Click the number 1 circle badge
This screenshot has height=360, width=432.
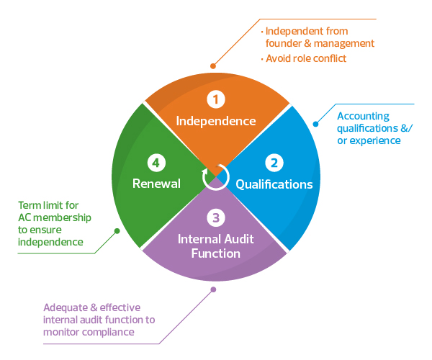point(216,98)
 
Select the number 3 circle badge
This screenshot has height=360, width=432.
point(215,217)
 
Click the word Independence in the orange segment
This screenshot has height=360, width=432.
point(216,121)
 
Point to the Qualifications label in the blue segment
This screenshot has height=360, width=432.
point(274,184)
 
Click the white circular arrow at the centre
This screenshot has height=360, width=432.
point(215,176)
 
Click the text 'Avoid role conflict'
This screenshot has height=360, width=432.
point(306,58)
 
